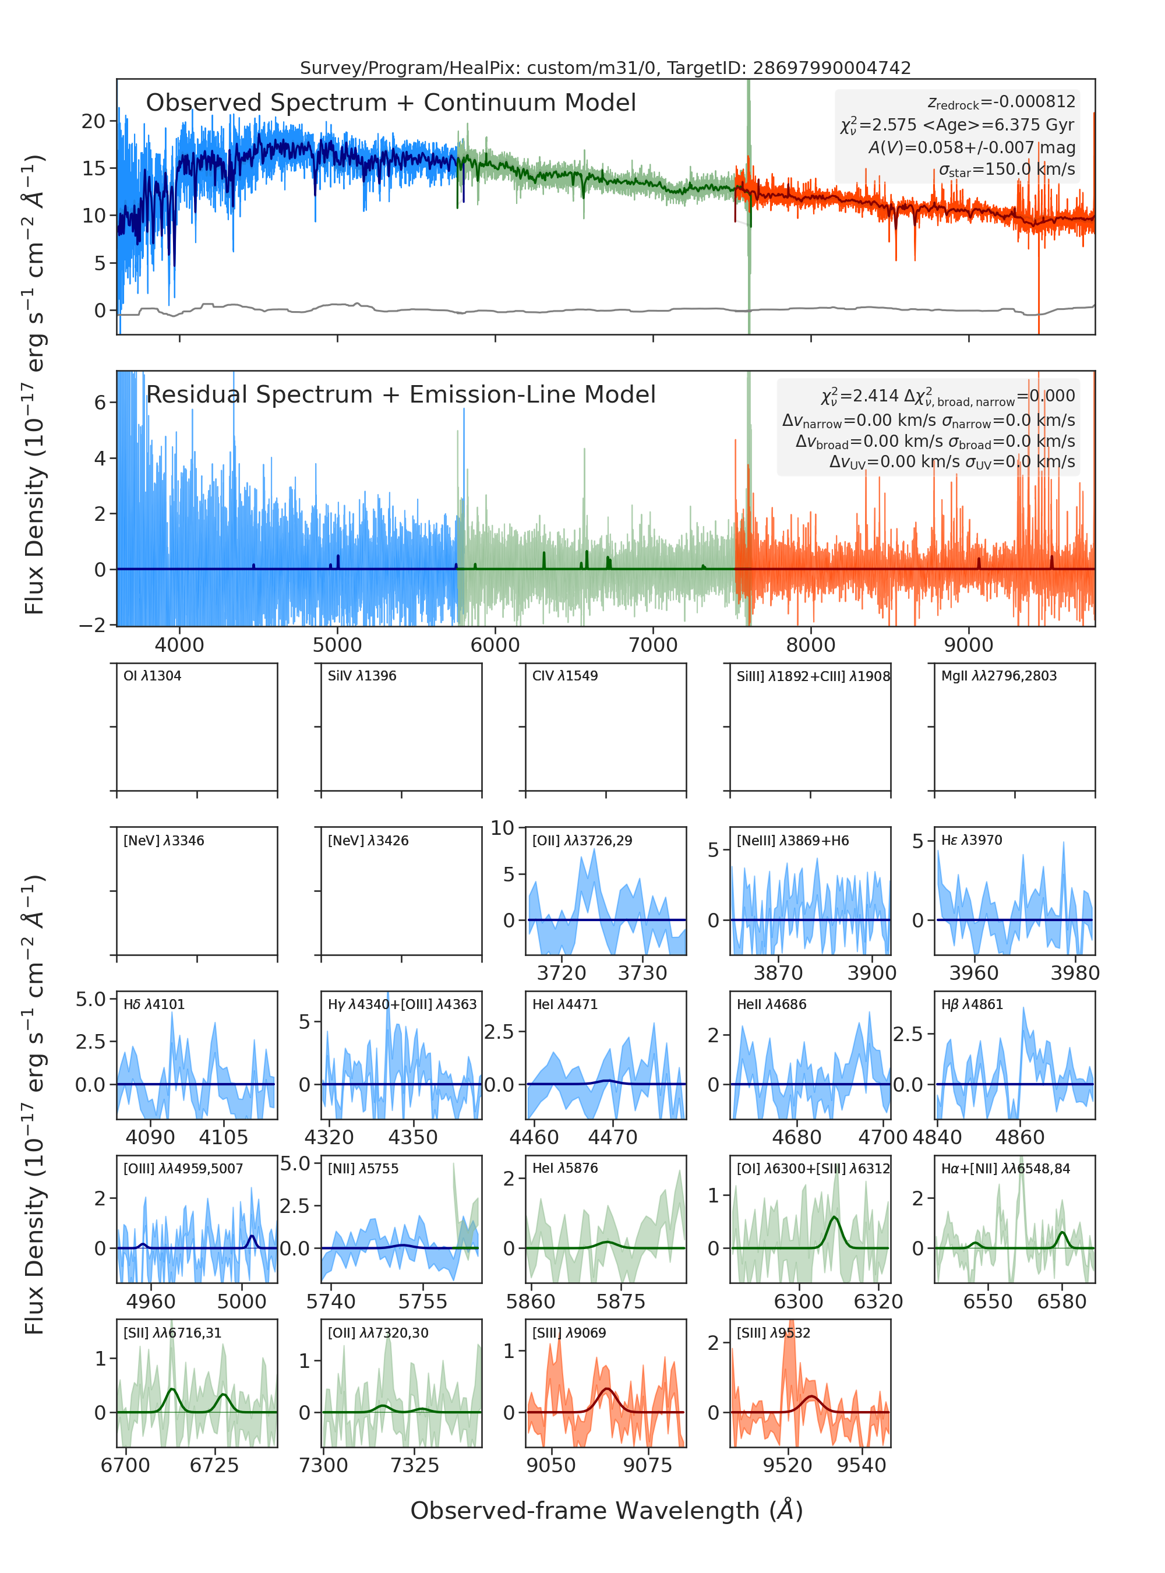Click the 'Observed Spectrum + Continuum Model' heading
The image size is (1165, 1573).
[391, 103]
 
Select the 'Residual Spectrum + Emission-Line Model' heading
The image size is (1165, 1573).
[401, 394]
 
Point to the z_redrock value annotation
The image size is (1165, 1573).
[1001, 103]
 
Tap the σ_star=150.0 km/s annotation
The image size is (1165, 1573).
[1007, 170]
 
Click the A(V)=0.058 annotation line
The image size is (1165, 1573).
[972, 147]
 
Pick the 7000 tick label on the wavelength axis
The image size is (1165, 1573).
[653, 645]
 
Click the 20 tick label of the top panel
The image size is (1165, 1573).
[94, 121]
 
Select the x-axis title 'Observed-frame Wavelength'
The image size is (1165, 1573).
[606, 1510]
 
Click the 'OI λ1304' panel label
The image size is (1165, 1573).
[153, 676]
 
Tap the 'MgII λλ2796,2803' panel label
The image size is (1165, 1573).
[998, 676]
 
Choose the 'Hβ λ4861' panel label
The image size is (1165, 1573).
[972, 1004]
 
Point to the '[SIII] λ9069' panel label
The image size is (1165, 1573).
[569, 1333]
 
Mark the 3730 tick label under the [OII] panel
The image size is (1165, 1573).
[642, 974]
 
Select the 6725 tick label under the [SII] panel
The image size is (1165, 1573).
[214, 1465]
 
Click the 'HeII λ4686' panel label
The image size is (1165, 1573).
[771, 1004]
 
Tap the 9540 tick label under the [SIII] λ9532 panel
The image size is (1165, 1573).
[861, 1465]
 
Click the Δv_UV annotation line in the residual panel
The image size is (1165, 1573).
[952, 462]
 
